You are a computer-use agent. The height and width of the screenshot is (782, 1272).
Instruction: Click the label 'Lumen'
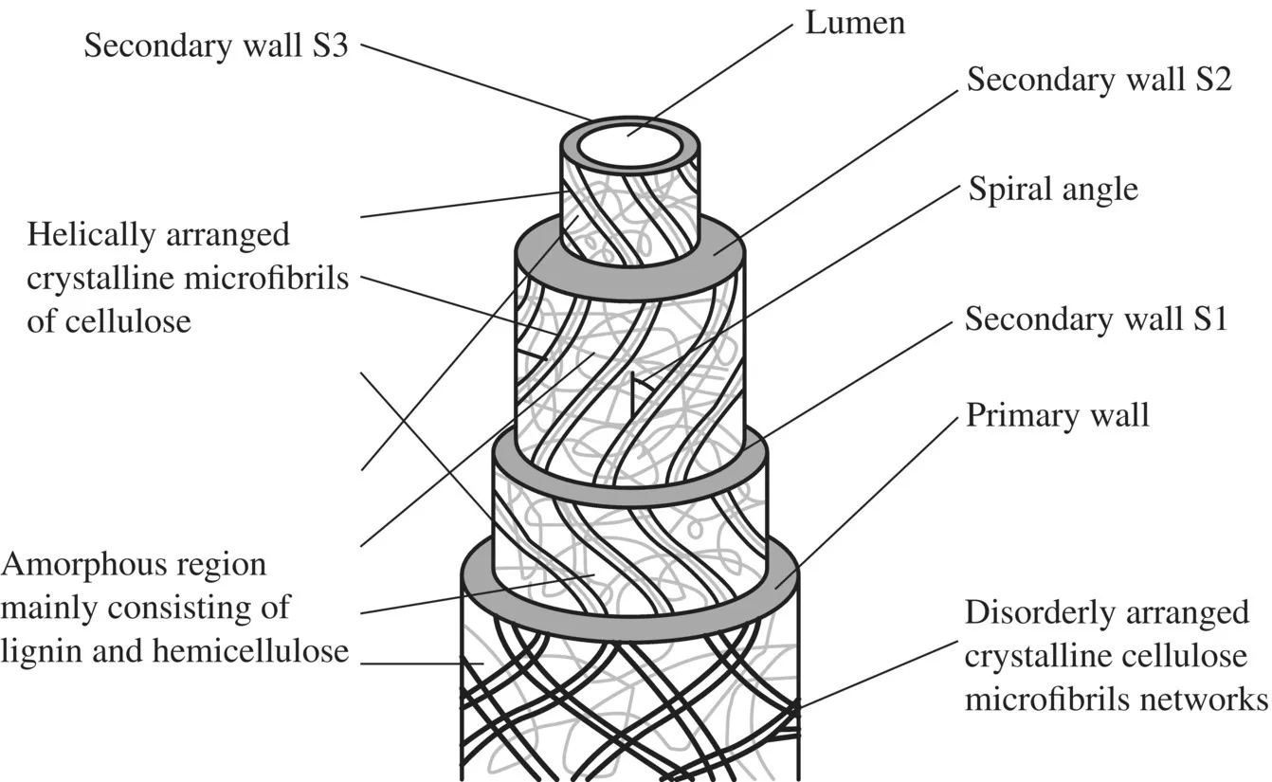pyautogui.click(x=855, y=23)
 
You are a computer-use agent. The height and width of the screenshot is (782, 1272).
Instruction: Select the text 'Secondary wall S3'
pyautogui.click(x=215, y=45)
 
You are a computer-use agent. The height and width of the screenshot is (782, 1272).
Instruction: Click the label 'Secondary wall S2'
pyautogui.click(x=1098, y=81)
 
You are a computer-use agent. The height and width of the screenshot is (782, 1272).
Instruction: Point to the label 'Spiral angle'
pyautogui.click(x=1052, y=190)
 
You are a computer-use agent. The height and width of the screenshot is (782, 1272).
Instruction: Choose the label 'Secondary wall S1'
pyautogui.click(x=1096, y=319)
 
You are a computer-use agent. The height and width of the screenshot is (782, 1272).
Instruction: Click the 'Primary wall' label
pyautogui.click(x=1057, y=415)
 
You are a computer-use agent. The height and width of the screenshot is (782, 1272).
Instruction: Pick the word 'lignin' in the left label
pyautogui.click(x=37, y=650)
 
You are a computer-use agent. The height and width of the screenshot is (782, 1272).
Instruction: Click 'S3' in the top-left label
pyautogui.click(x=328, y=45)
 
